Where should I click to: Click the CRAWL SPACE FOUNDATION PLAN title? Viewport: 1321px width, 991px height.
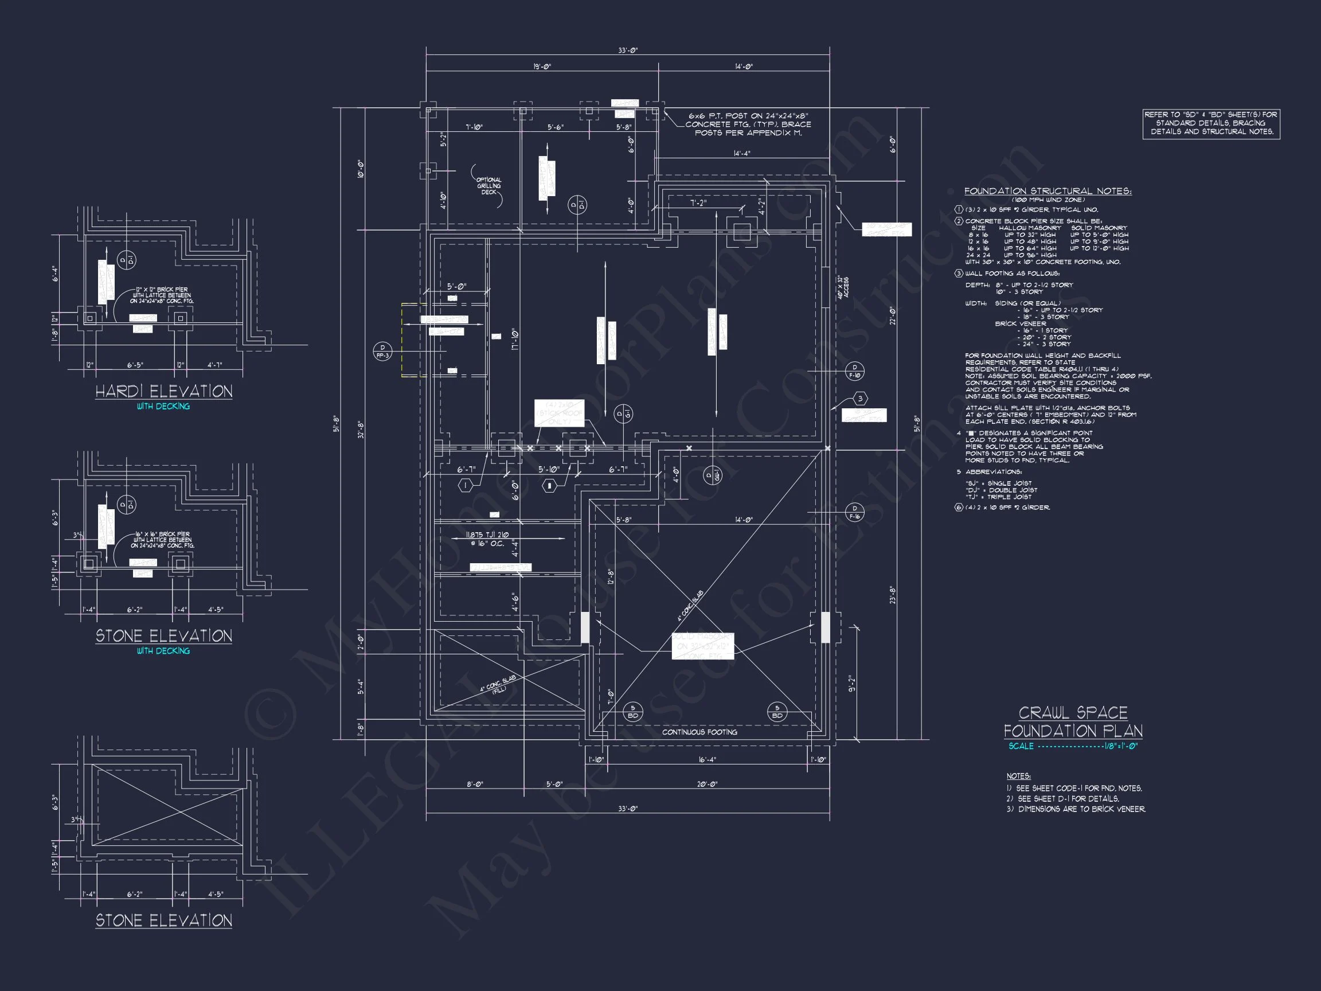(1073, 721)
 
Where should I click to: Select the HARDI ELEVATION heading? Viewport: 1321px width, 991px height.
(163, 392)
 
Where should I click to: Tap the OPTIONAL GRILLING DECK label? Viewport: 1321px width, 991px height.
(488, 186)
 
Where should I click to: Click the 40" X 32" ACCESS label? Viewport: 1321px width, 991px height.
(843, 287)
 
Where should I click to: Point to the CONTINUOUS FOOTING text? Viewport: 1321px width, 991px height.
(699, 732)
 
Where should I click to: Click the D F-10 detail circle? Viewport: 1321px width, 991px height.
(855, 371)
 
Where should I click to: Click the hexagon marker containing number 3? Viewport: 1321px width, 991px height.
(860, 399)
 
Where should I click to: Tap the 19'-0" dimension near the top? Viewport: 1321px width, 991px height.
(542, 67)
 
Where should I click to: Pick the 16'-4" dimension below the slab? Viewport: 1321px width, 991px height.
(706, 760)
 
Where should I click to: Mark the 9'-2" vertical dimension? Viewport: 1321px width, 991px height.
(852, 684)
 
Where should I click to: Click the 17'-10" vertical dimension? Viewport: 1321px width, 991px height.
(514, 341)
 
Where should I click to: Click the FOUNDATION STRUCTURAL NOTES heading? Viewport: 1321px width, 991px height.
(1048, 191)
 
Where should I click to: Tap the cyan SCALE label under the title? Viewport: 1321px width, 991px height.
(1021, 746)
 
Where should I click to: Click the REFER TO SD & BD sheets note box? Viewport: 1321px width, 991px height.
(1211, 123)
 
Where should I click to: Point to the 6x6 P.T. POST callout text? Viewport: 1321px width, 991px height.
(748, 124)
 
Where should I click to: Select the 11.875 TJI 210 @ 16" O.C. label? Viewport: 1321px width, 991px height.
(487, 539)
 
